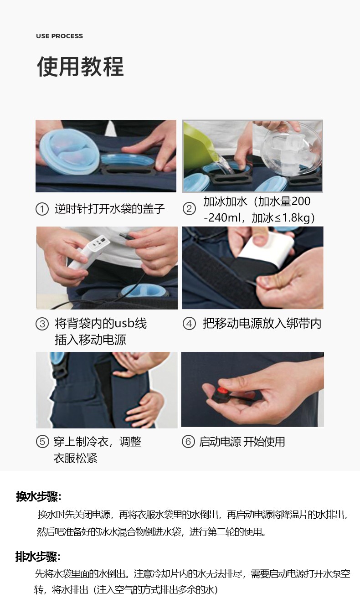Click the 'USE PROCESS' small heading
coord(59,36)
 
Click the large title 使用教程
coord(80,67)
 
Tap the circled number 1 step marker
coord(42,209)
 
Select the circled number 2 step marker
coord(189,209)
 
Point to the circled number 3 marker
coord(42,324)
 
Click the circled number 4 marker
coord(189,324)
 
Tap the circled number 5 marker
coord(42,442)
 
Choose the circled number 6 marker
coord(188,441)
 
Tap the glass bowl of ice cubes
coord(291,150)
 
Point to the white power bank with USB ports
coord(89,252)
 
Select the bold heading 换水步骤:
coord(38,496)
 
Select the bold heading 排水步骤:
coord(38,557)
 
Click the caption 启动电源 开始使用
coord(242,442)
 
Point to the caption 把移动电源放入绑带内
coord(262,324)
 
